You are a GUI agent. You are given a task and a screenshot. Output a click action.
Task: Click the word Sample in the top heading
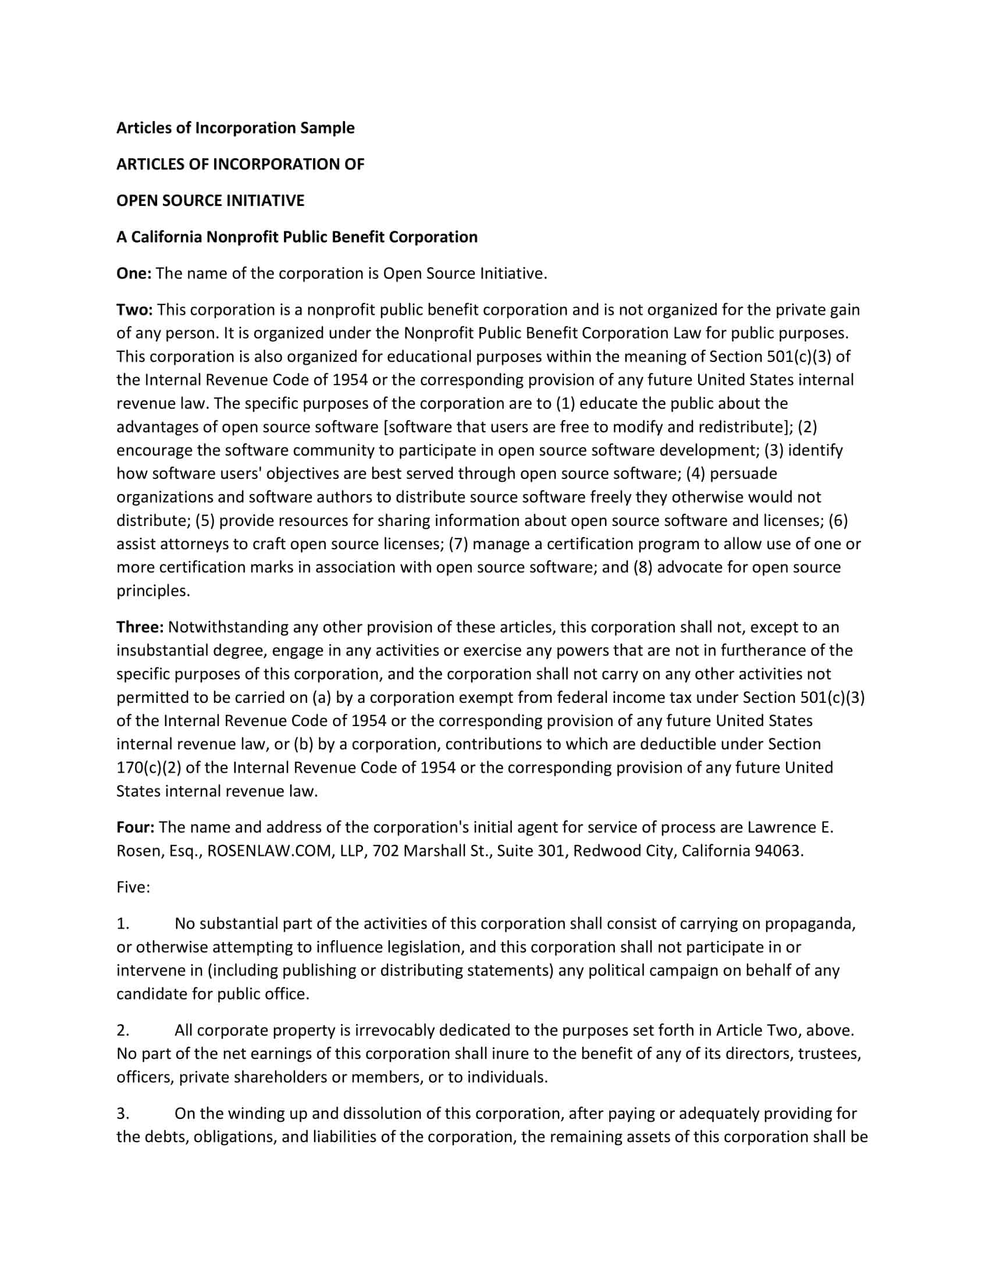tap(328, 128)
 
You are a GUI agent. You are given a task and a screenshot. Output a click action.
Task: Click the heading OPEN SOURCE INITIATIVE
tap(211, 201)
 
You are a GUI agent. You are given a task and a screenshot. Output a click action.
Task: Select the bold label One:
tap(134, 273)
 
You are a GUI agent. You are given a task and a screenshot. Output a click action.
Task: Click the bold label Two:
tap(134, 310)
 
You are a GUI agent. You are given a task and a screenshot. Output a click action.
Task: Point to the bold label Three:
tap(140, 627)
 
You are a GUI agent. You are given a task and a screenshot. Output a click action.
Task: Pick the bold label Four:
tap(136, 827)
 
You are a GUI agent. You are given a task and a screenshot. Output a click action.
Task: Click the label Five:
tap(133, 887)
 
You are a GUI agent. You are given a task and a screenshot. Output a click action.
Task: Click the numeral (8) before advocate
tap(643, 567)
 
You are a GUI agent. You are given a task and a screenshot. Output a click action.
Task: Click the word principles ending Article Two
tap(153, 591)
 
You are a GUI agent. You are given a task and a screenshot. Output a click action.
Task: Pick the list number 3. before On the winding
tap(122, 1114)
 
